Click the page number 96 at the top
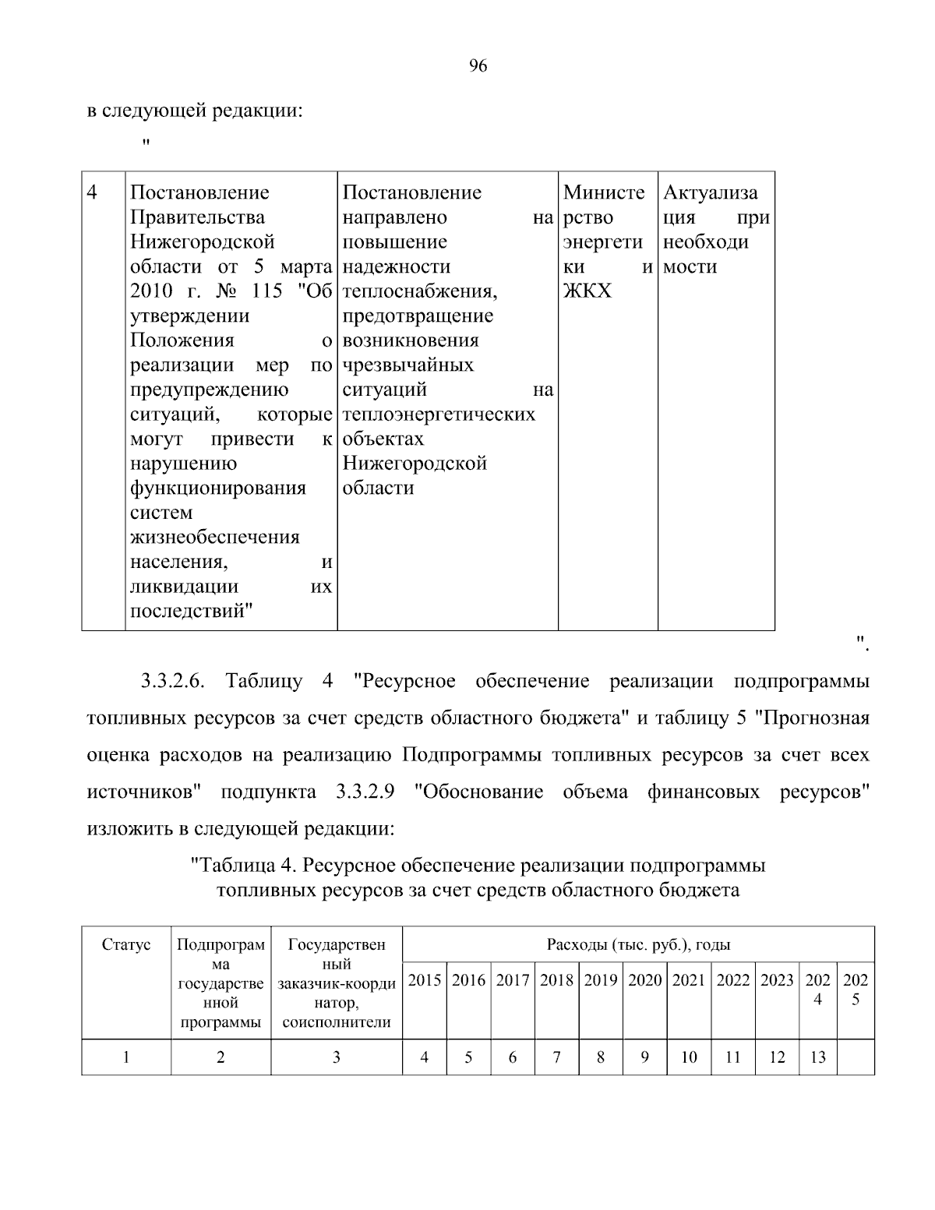[x=478, y=66]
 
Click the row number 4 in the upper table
[x=92, y=192]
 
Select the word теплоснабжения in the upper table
[x=419, y=291]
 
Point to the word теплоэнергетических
[x=439, y=414]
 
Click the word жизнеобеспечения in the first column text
[x=214, y=537]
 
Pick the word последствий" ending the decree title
[x=192, y=612]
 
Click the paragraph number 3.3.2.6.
[x=172, y=681]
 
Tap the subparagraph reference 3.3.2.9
[x=365, y=792]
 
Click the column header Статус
[x=126, y=945]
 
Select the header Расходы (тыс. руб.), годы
[x=638, y=945]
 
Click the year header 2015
[x=425, y=980]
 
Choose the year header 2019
[x=601, y=980]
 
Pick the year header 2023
[x=777, y=980]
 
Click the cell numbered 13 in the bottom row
[x=817, y=1057]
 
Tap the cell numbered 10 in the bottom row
[x=689, y=1057]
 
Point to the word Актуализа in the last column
[x=710, y=192]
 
